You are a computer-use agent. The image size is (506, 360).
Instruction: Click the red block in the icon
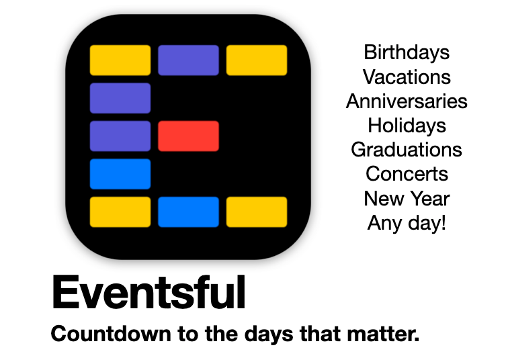[188, 136]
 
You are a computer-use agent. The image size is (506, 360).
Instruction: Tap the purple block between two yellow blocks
[188, 60]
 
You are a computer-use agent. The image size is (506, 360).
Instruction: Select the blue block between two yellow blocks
[188, 212]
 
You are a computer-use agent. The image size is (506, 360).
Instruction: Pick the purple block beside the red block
[120, 136]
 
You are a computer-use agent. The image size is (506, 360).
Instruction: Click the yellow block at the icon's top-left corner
[120, 60]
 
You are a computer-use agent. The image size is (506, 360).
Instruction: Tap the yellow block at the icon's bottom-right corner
[257, 212]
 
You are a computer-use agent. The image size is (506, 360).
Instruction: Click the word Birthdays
[407, 52]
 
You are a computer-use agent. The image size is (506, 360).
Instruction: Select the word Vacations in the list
[407, 77]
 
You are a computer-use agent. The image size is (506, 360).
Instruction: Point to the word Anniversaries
[407, 101]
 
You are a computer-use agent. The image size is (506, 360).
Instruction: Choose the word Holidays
[407, 126]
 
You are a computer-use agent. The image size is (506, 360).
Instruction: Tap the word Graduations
[407, 150]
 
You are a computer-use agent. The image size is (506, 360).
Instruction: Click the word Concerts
[407, 174]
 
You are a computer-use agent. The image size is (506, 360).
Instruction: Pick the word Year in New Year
[430, 198]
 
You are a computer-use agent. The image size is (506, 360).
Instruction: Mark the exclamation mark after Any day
[444, 222]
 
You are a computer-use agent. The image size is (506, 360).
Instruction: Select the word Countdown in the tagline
[111, 334]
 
